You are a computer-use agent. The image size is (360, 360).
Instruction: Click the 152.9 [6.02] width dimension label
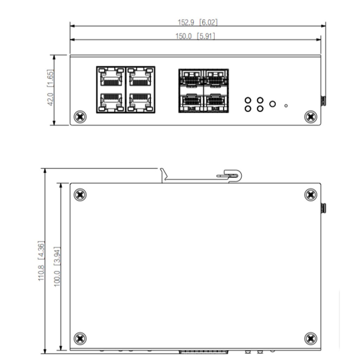198,22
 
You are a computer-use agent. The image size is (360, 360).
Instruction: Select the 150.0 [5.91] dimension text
195,36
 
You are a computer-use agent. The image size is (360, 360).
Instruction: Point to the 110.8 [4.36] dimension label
41,261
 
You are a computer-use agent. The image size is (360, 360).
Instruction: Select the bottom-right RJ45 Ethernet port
140,102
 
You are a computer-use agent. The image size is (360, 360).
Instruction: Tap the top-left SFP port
191,78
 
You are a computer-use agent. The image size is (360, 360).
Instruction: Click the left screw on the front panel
80,116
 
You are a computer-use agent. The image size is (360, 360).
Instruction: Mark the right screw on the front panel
310,116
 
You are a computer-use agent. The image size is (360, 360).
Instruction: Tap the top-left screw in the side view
80,194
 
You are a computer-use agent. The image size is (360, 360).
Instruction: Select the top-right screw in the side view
310,194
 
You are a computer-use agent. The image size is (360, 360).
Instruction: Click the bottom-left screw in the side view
80,339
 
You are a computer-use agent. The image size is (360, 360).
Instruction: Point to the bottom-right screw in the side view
310,339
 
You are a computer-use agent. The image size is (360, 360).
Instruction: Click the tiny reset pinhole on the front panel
286,105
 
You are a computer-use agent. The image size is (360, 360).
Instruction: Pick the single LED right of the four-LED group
272,104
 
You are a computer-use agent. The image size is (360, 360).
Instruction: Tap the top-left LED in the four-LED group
248,101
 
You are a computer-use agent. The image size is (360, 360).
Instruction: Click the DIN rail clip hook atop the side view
232,175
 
